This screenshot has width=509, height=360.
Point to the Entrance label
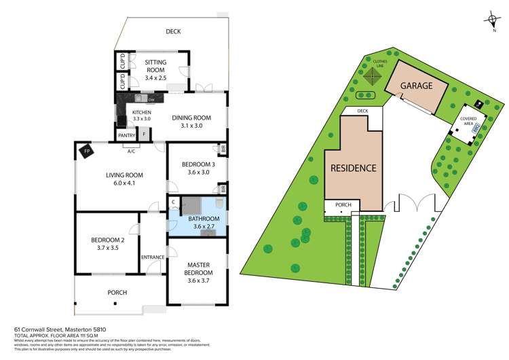click(x=152, y=257)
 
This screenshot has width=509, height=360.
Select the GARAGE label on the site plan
click(x=416, y=86)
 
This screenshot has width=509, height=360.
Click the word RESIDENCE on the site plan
click(x=353, y=168)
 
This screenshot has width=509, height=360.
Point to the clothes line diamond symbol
click(x=369, y=77)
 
